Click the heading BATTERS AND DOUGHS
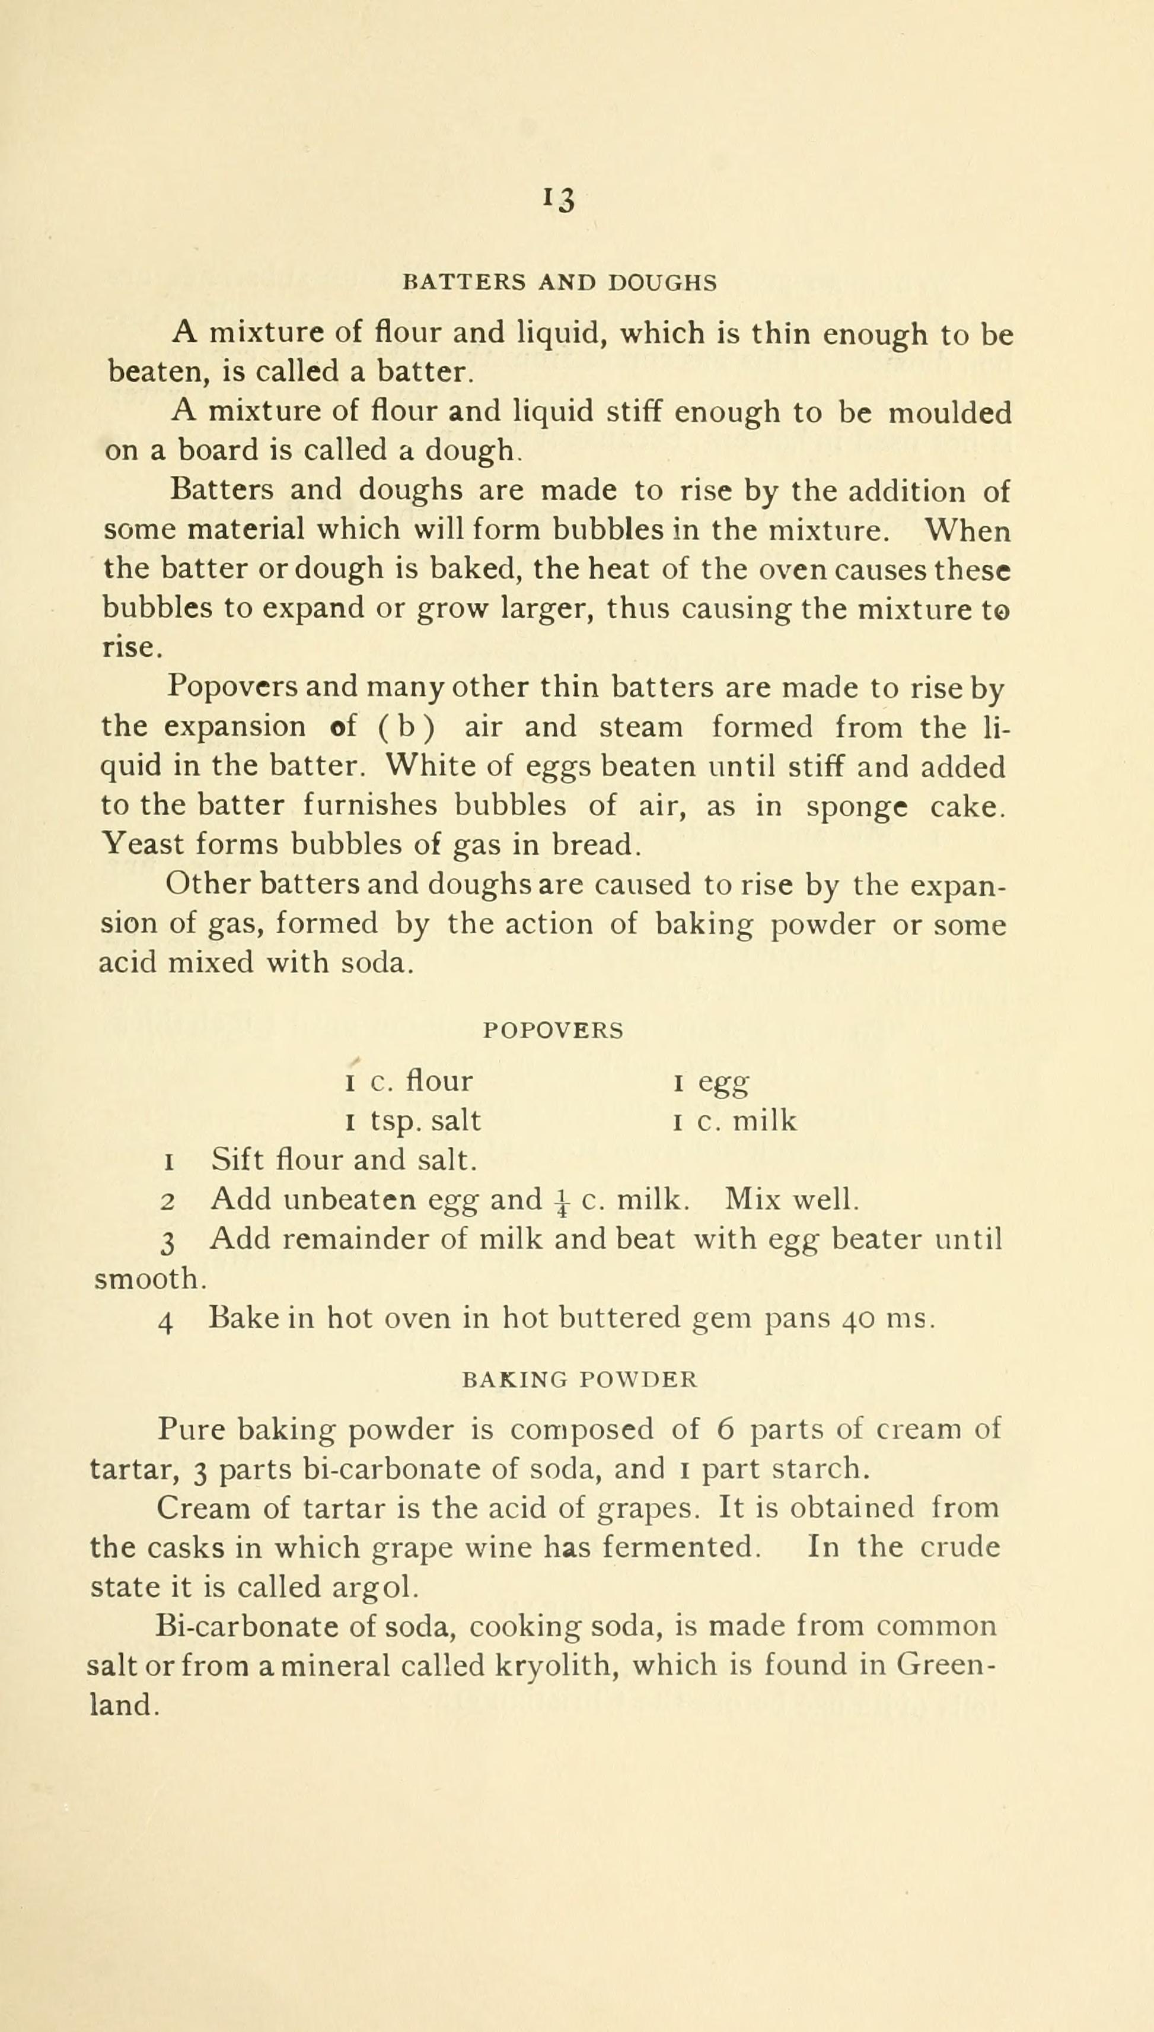click(x=560, y=283)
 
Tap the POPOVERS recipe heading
click(x=553, y=1030)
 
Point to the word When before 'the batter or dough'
click(x=968, y=530)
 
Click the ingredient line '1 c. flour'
click(x=409, y=1082)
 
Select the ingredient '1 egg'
click(x=711, y=1082)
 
